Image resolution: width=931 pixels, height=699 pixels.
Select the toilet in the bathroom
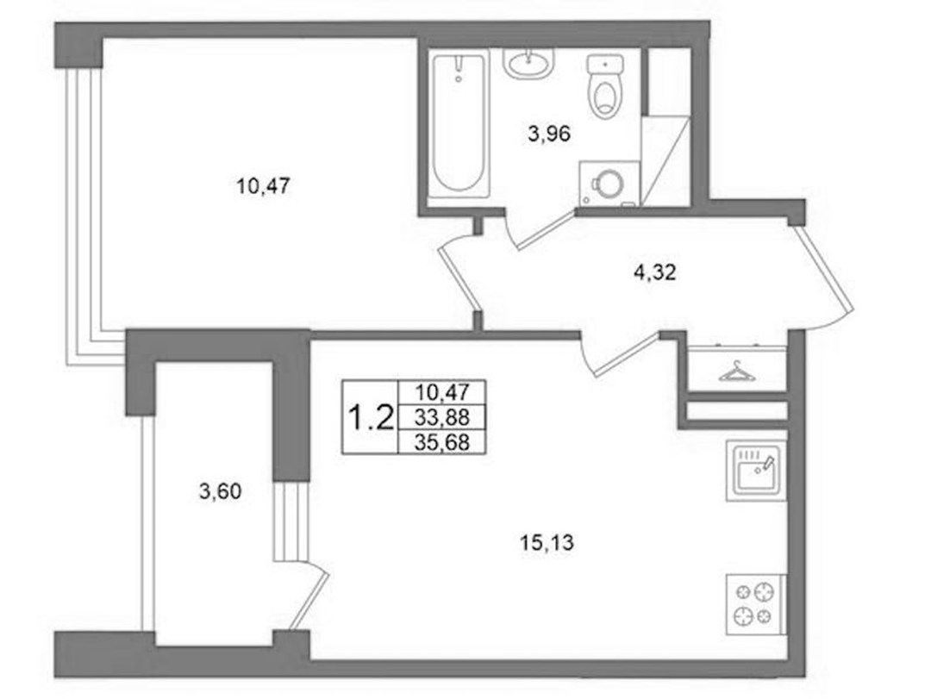[604, 86]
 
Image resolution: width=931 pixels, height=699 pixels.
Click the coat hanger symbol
[737, 371]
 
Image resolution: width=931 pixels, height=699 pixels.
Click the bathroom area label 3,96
[549, 134]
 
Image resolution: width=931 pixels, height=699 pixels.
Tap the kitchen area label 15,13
[547, 542]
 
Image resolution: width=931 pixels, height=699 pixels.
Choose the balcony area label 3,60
[221, 492]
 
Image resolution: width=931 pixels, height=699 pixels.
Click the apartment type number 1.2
[370, 417]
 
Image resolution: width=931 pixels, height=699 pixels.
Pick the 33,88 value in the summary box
[441, 417]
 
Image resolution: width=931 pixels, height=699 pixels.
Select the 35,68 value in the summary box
[441, 442]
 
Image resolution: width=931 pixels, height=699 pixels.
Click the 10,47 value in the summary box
[442, 392]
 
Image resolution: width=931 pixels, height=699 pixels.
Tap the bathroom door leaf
[546, 229]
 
